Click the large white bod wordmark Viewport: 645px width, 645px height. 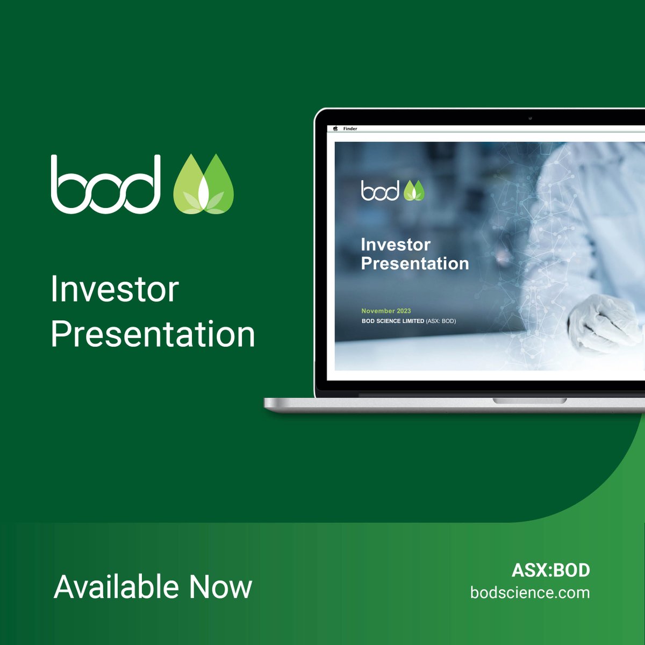click(x=106, y=184)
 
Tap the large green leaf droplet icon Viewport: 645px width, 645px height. click(x=204, y=184)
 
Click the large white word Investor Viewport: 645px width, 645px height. click(x=114, y=290)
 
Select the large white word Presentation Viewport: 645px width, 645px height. click(x=153, y=334)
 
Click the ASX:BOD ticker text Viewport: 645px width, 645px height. click(x=550, y=570)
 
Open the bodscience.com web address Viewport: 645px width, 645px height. click(x=530, y=592)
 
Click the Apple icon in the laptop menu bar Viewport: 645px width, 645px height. click(x=335, y=129)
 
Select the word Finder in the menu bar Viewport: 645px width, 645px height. click(x=350, y=129)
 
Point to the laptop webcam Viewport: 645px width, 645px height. click(x=530, y=118)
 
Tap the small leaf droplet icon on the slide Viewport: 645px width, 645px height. click(x=414, y=191)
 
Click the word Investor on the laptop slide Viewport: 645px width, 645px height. click(x=396, y=245)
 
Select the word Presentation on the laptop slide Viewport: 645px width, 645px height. click(x=415, y=263)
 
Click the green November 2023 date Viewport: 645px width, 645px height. click(x=386, y=311)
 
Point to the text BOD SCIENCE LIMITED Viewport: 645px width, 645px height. click(x=393, y=321)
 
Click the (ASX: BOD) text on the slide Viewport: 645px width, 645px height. click(x=441, y=321)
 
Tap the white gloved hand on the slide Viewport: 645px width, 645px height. click(x=602, y=322)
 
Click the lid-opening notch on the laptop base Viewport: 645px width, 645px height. click(x=529, y=401)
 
